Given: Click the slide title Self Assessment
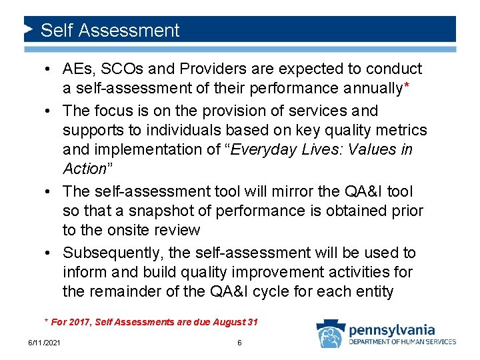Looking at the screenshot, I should point(110,31).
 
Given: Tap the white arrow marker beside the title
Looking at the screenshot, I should point(29,30).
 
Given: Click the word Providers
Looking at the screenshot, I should point(190,69).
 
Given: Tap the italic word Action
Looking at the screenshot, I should point(84,169).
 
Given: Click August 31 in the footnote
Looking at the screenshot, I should point(235,323).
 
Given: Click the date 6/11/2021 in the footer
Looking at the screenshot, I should point(43,343).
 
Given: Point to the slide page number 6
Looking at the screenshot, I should point(239,343).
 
